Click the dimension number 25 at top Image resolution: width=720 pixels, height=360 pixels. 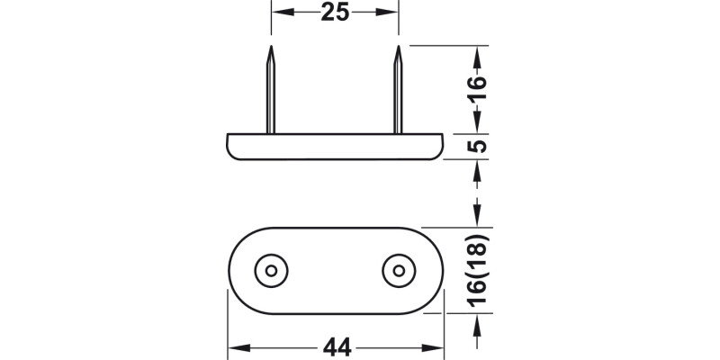pyautogui.click(x=335, y=13)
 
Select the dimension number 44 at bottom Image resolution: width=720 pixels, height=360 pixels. pyautogui.click(x=334, y=346)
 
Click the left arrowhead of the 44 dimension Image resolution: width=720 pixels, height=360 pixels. pyautogui.click(x=232, y=346)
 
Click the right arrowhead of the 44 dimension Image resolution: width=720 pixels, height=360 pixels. pyautogui.click(x=438, y=346)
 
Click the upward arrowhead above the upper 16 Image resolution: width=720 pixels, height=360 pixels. pyautogui.click(x=478, y=52)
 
